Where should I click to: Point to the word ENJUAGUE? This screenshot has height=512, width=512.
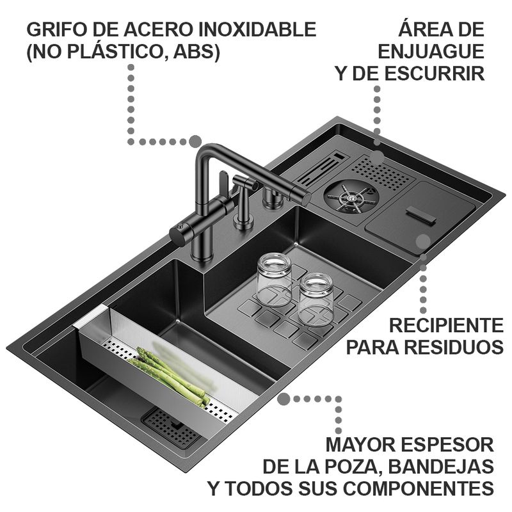click(x=431, y=51)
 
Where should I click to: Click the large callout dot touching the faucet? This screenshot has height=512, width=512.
click(x=195, y=141)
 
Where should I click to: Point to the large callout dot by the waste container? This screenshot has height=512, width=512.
click(x=422, y=241)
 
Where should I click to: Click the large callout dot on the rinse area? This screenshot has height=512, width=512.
click(x=378, y=156)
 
